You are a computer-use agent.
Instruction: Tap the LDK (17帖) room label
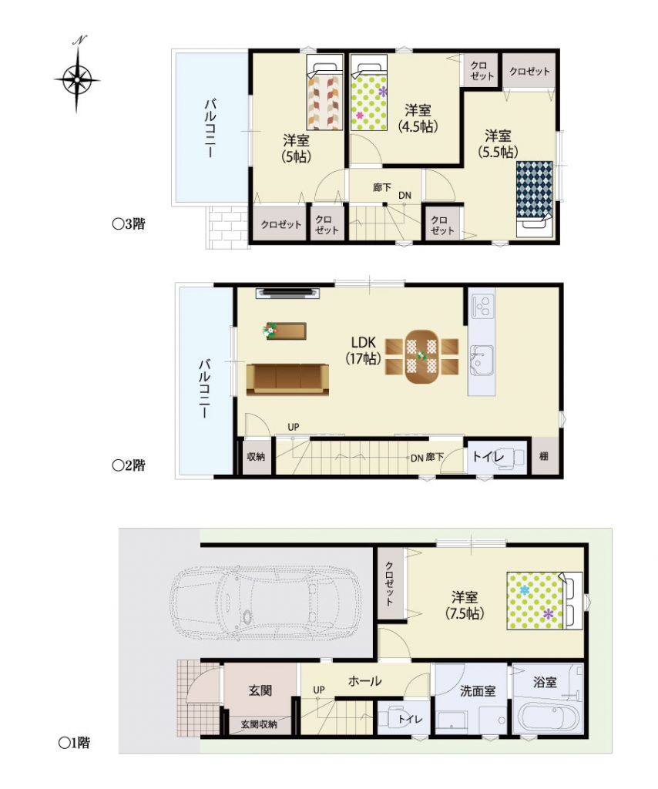[363, 351]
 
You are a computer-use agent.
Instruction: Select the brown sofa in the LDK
[287, 379]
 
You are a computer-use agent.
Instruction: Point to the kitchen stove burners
[482, 305]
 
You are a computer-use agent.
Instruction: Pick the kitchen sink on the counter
[482, 361]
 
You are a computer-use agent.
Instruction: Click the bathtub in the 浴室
[549, 717]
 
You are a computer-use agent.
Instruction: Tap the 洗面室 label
[478, 691]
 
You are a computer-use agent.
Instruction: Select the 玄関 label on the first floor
[260, 690]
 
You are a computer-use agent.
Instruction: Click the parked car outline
[265, 603]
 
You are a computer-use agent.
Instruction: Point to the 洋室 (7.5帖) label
[465, 606]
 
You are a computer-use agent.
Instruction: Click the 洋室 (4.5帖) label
[418, 118]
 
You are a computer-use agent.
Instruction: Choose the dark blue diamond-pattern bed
[534, 199]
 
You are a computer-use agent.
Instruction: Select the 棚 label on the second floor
[544, 456]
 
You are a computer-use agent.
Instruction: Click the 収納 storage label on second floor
[256, 456]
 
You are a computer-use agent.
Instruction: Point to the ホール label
[364, 681]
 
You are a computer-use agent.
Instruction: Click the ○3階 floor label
[129, 224]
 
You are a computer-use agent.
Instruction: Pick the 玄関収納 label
[259, 724]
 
